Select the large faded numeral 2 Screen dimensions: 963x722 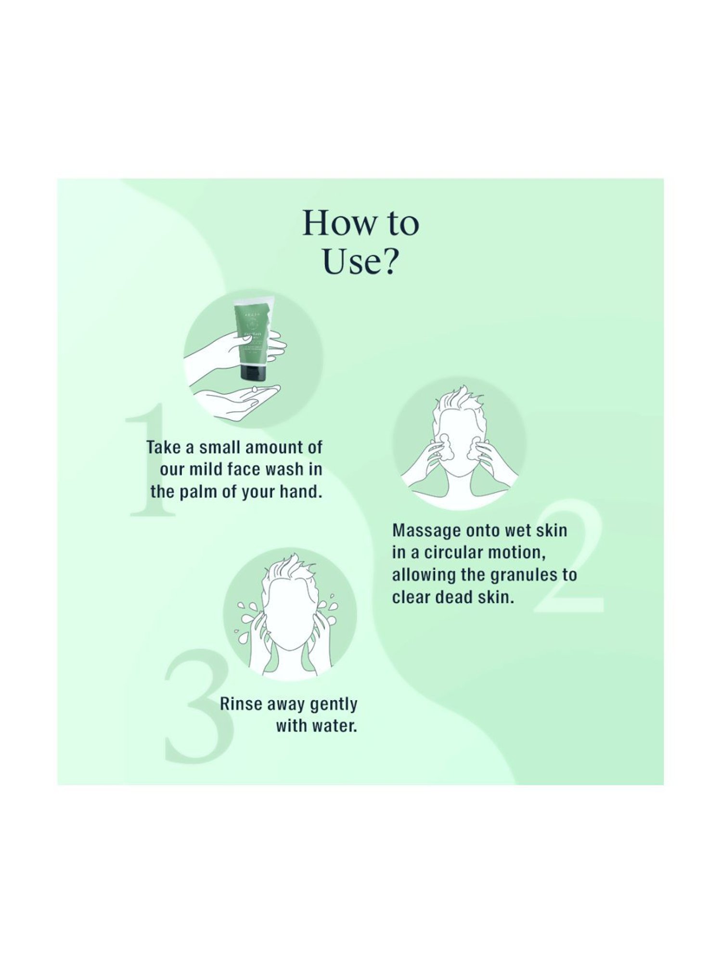click(570, 559)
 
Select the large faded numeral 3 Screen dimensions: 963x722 click(197, 708)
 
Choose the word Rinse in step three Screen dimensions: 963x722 click(241, 704)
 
